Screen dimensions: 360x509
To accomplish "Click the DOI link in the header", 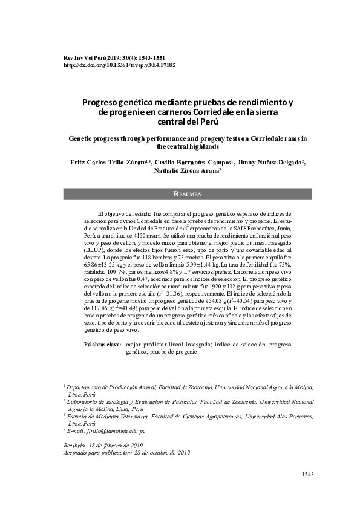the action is pyautogui.click(x=119, y=65).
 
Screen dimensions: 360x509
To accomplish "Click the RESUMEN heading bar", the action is pyautogui.click(x=188, y=194).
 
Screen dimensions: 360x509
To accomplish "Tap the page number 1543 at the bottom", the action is pyautogui.click(x=308, y=475).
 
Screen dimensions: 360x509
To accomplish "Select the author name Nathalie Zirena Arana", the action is pyautogui.click(x=186, y=171).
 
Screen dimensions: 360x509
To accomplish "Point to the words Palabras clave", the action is pyautogui.click(x=102, y=344).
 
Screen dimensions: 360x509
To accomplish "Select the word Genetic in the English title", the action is pyautogui.click(x=85, y=138).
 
